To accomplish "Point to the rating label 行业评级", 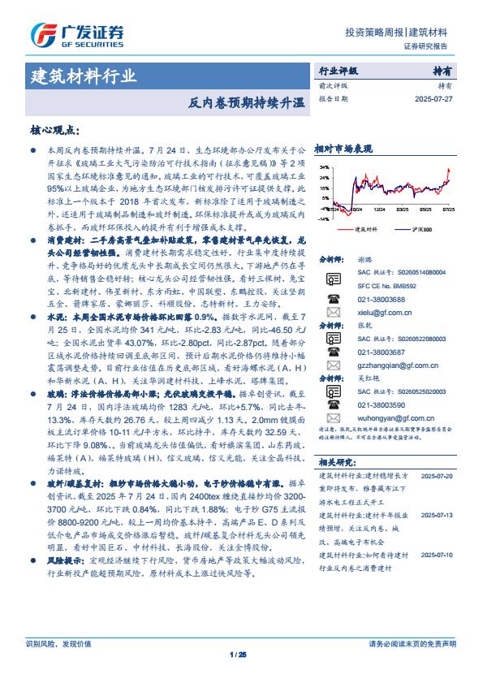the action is (337, 71).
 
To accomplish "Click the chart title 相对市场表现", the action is (343, 149).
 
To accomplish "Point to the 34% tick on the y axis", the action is (323, 168).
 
